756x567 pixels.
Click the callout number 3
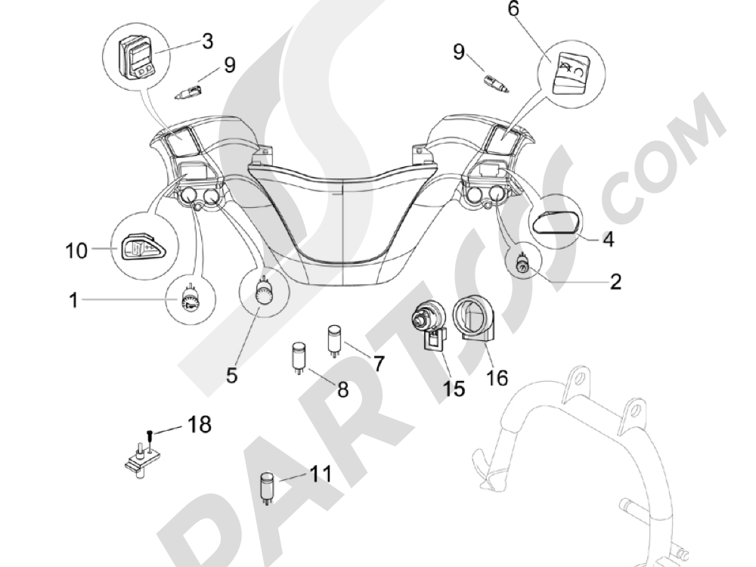(x=207, y=42)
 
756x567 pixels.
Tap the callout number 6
(x=513, y=8)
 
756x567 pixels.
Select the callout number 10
(x=76, y=251)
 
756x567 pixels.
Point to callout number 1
(x=73, y=300)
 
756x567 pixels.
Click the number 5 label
(x=232, y=375)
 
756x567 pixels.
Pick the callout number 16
(x=497, y=377)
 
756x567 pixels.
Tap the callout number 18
(x=199, y=425)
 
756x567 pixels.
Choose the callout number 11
(x=320, y=474)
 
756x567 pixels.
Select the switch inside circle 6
(x=571, y=73)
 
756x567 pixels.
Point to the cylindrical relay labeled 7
(x=334, y=341)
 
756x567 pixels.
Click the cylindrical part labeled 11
(x=267, y=488)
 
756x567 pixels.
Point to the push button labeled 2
(x=523, y=265)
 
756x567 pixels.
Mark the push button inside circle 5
(x=264, y=291)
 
